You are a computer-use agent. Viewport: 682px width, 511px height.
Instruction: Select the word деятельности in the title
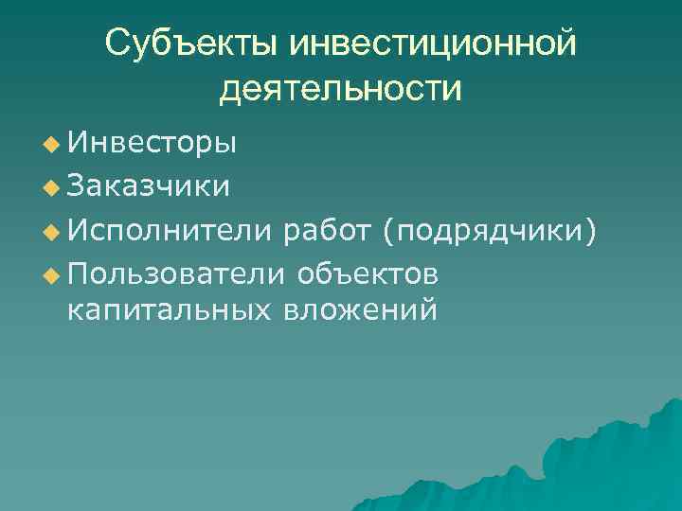341,89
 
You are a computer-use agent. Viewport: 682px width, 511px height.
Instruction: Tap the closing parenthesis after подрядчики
592,229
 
